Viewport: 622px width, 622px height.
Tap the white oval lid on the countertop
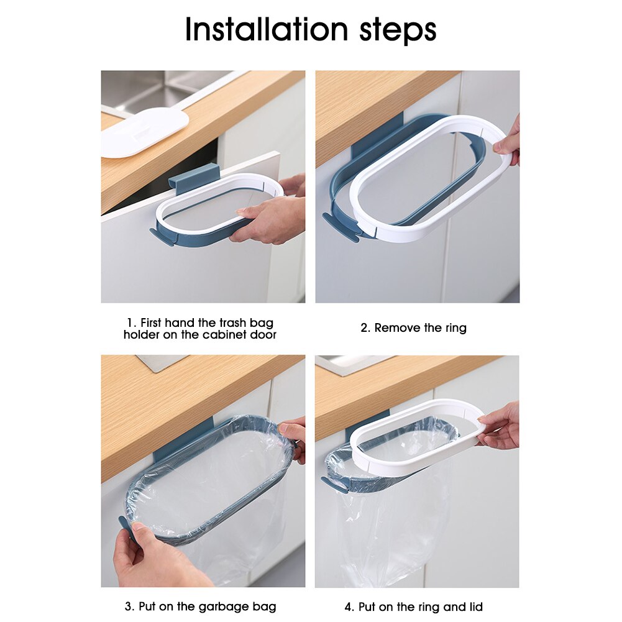point(144,131)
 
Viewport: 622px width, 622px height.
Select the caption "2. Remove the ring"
point(413,328)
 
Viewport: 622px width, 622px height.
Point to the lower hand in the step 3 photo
point(149,556)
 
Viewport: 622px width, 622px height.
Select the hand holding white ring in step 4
point(500,426)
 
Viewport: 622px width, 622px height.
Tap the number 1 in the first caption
point(130,323)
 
